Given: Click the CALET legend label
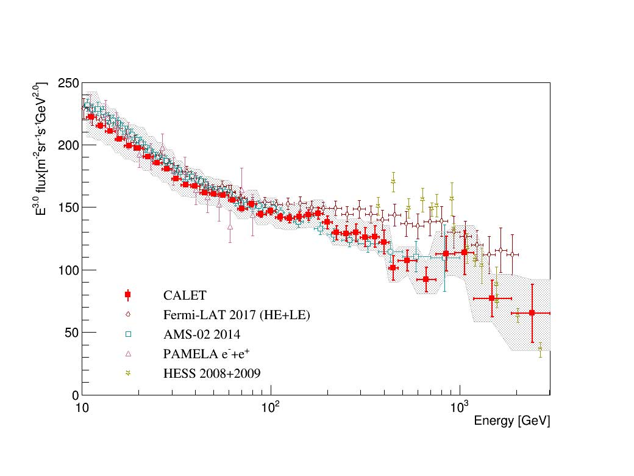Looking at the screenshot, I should tap(185, 295).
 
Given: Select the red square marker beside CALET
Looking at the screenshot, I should tap(127, 295).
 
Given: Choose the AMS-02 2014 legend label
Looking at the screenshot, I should tap(202, 334).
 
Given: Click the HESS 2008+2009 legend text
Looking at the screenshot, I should tap(212, 373).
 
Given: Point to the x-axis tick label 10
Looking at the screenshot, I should tap(81, 408).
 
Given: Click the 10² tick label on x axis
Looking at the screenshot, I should tap(271, 406).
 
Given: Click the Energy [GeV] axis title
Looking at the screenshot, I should tap(512, 422).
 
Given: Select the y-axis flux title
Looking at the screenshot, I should tap(41, 149).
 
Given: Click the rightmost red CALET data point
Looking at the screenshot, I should tap(532, 312).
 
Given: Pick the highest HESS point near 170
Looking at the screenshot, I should tap(393, 181).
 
